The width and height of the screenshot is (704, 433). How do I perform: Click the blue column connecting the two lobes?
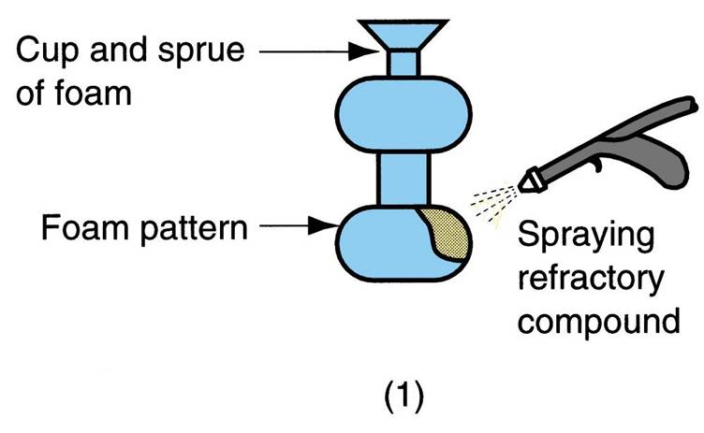(402, 179)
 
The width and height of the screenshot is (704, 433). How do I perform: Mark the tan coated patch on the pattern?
(445, 235)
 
